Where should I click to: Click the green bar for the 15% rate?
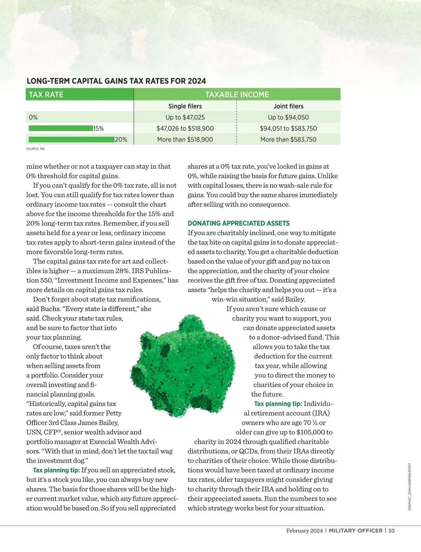61,128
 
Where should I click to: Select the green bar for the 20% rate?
72,139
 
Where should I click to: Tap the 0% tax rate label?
33,117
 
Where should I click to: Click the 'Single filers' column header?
185,106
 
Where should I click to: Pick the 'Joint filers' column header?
288,106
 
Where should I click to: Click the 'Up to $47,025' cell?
185,117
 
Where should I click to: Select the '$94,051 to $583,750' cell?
288,129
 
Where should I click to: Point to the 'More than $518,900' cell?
185,139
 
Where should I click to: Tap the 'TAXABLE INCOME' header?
237,95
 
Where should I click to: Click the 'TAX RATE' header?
46,95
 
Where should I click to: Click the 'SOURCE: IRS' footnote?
35,149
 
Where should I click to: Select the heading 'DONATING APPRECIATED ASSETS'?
239,223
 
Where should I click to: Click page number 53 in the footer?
391,531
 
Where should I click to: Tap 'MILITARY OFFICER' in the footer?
356,531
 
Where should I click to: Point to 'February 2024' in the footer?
304,531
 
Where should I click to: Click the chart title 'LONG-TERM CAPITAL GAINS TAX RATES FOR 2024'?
116,81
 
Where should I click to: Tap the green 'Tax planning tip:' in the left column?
56,470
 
